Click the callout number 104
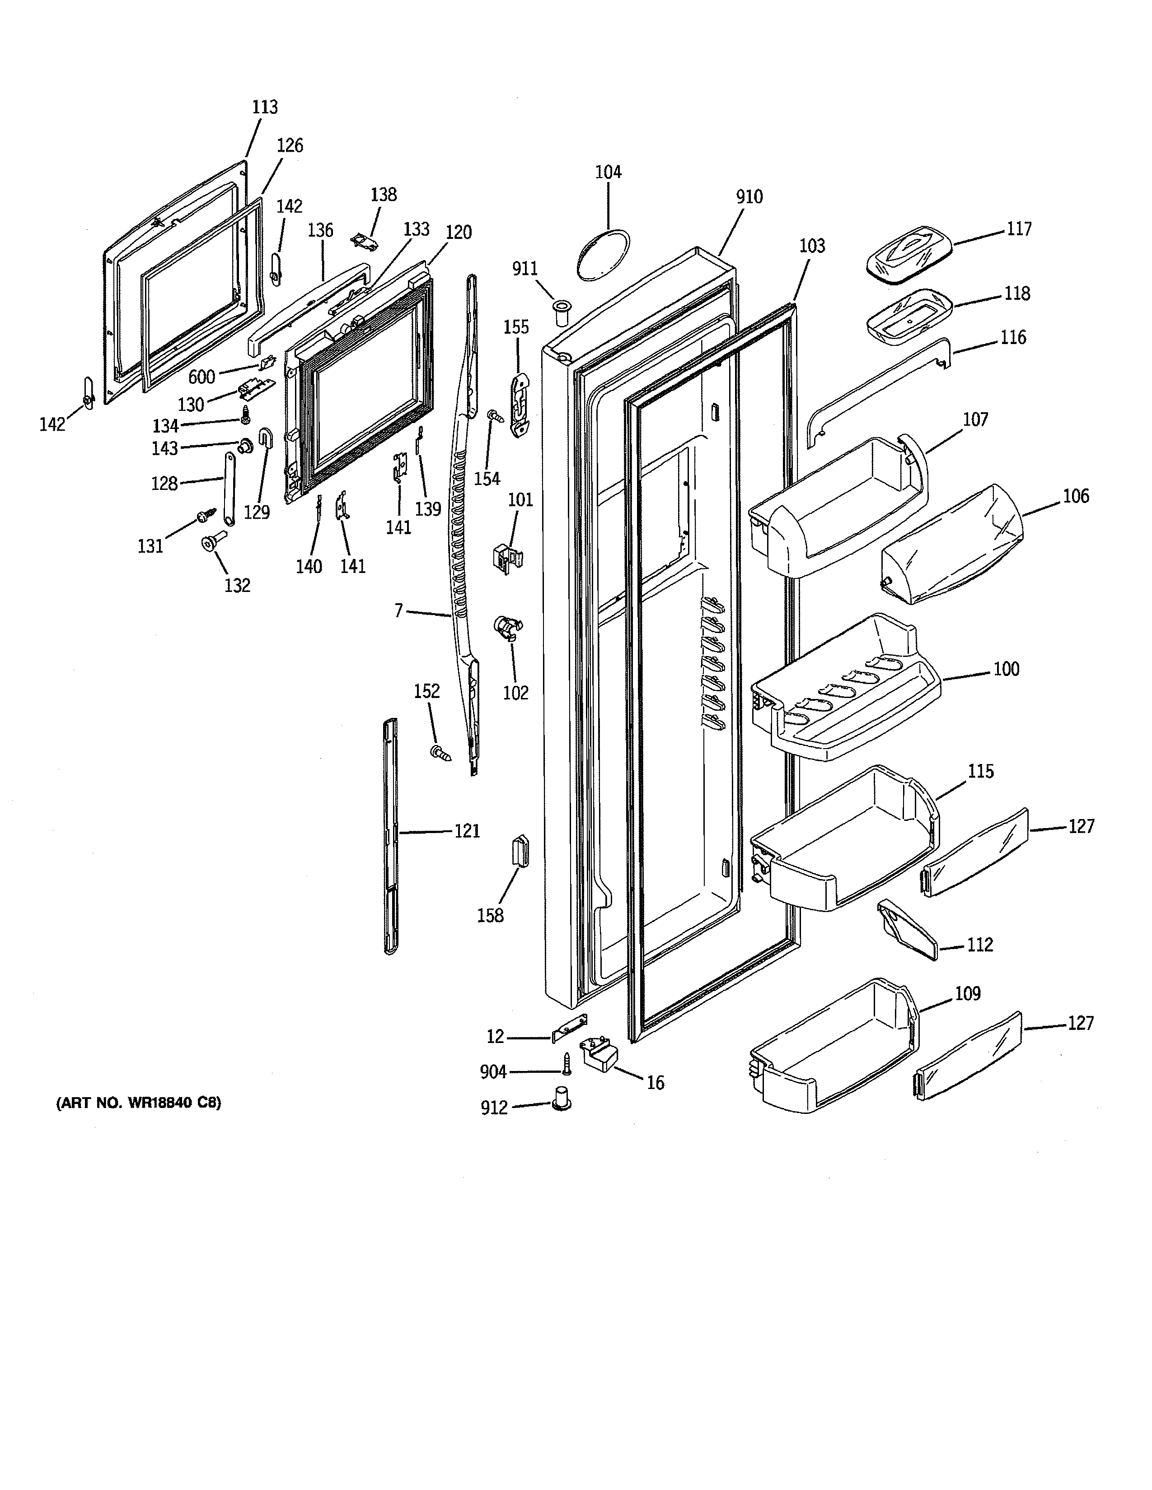(608, 172)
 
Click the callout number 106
(1076, 496)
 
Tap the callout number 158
(490, 916)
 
